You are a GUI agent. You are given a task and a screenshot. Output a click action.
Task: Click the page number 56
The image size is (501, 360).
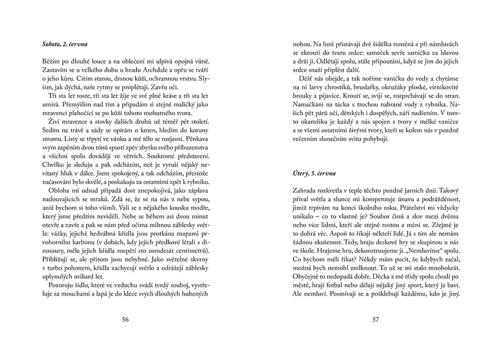coord(126,320)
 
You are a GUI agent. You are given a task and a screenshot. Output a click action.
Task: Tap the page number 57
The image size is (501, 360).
coord(376,320)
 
